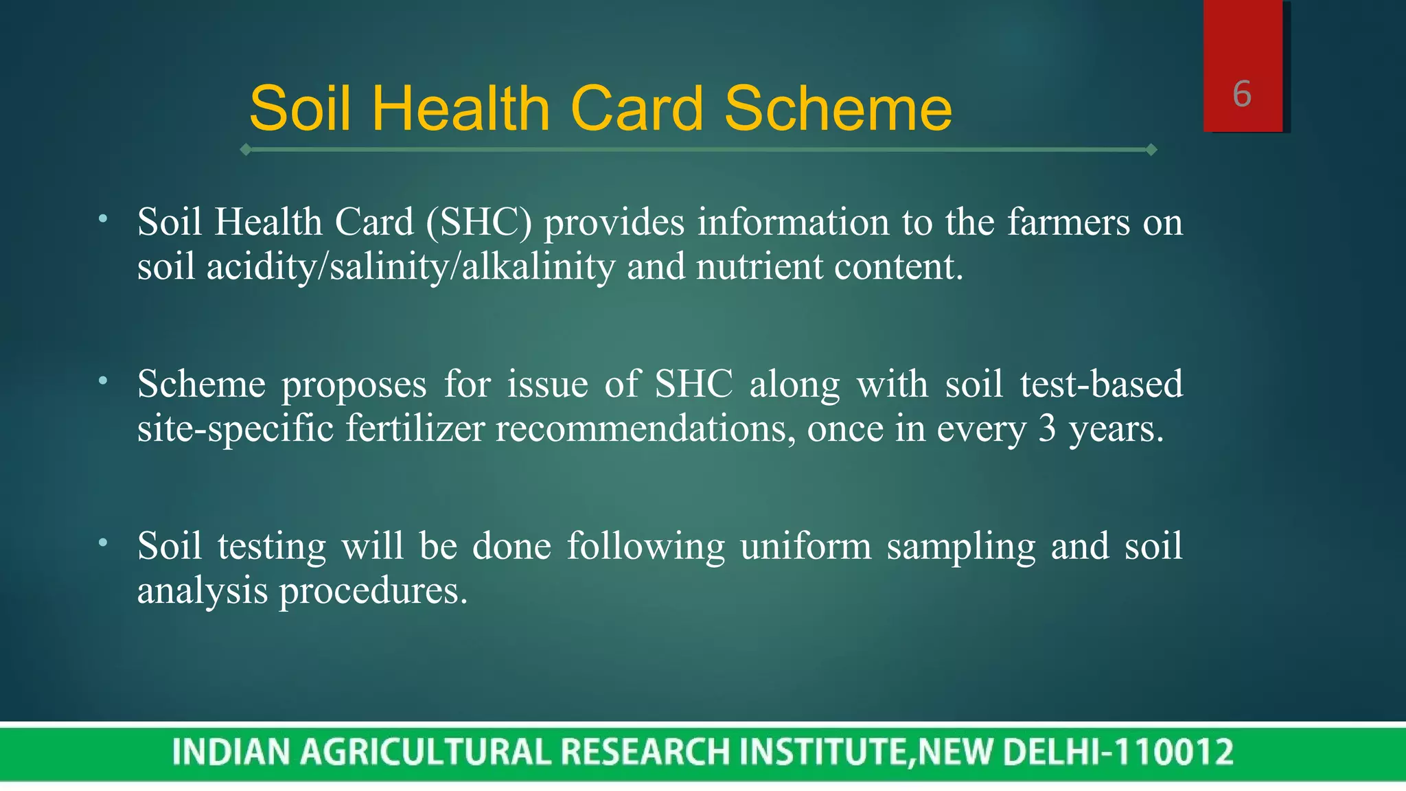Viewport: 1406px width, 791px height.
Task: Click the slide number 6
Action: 1242,94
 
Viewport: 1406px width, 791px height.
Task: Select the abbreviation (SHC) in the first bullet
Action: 479,222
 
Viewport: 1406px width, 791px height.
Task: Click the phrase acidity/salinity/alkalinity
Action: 411,267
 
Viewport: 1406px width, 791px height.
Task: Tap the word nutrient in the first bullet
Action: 759,267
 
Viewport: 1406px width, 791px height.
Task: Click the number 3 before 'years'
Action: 1047,428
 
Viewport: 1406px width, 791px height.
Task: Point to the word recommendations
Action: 645,428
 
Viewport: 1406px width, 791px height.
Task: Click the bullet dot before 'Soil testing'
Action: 103,542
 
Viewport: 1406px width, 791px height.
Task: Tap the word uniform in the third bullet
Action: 805,547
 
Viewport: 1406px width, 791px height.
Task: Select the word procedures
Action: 373,591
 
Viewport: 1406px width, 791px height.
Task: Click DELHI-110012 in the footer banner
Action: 1118,752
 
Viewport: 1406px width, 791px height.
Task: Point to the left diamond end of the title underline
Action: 246,150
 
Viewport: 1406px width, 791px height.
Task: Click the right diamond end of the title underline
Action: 1151,150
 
